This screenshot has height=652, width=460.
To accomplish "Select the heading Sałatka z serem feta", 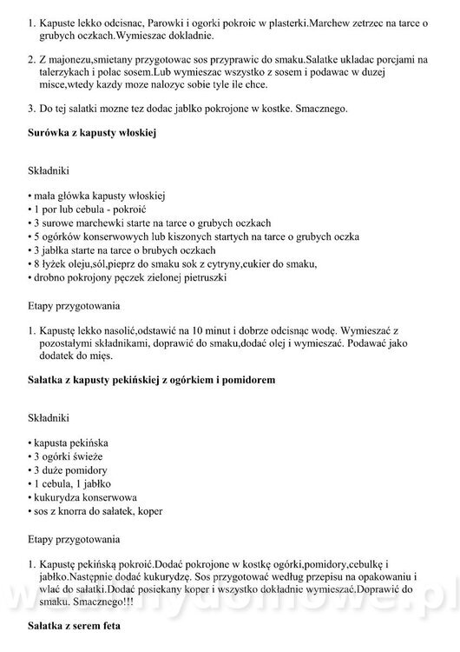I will tap(73, 626).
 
